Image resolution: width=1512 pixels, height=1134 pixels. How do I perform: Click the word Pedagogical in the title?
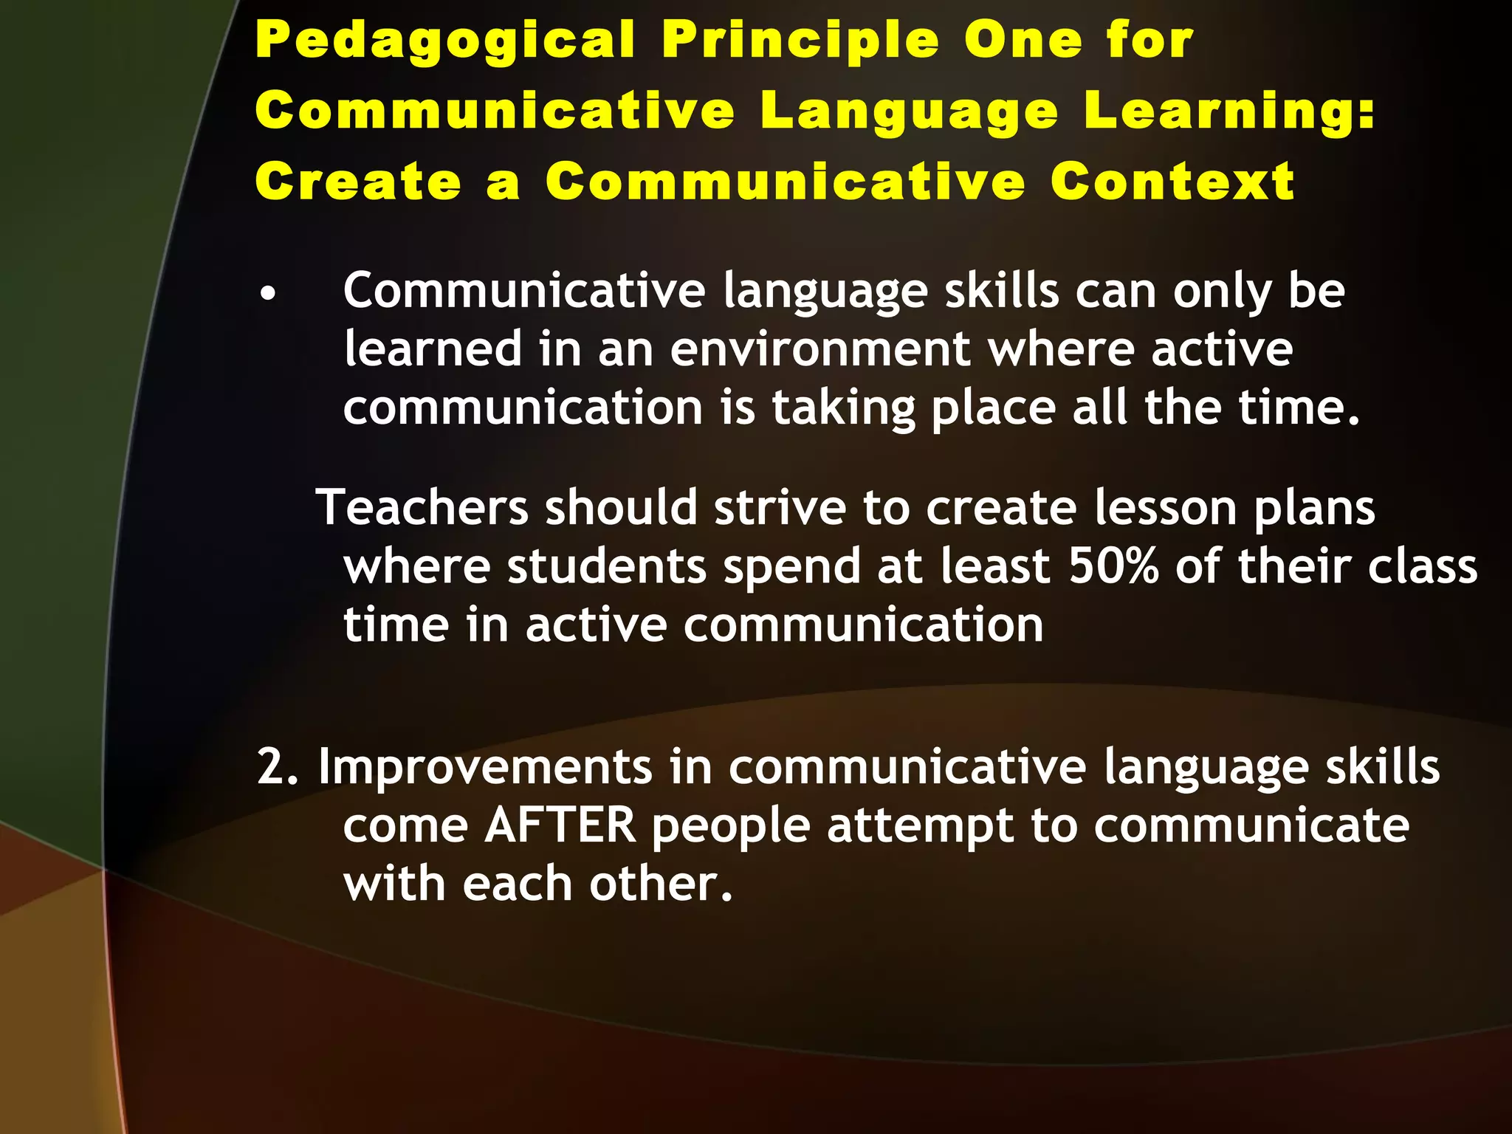[445, 41]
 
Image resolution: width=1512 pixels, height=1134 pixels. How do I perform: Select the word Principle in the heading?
[800, 41]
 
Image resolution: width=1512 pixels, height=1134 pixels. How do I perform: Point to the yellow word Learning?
[1230, 111]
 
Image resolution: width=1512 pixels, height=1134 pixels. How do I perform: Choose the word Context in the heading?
[1172, 182]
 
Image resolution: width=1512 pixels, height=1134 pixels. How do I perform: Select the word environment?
[819, 349]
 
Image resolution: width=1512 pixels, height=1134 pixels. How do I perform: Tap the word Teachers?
[422, 508]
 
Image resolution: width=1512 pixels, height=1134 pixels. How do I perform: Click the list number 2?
[277, 767]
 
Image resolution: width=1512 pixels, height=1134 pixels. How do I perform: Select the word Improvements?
[485, 769]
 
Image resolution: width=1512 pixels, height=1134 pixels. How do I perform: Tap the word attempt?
[920, 827]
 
